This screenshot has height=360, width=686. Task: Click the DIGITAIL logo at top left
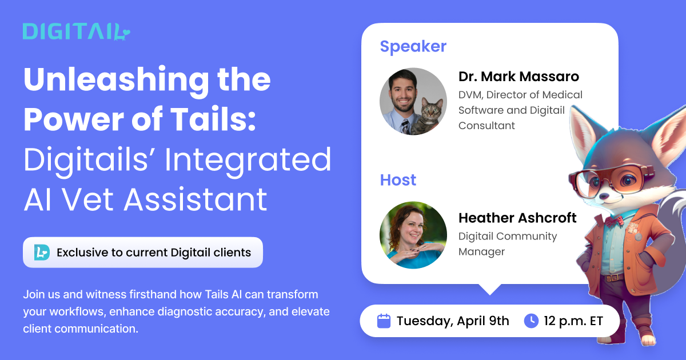click(76, 31)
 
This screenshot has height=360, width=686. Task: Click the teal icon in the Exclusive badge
click(41, 252)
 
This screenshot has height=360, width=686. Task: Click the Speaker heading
click(413, 46)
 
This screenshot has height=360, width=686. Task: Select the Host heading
click(398, 180)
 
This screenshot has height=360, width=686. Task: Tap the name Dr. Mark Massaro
click(519, 77)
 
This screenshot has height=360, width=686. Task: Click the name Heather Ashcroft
click(517, 218)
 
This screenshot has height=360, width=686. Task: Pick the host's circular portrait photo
click(413, 235)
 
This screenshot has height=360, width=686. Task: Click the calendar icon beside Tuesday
click(384, 321)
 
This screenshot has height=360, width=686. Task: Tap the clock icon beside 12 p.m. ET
click(531, 321)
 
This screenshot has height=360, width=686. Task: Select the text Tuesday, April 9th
click(452, 321)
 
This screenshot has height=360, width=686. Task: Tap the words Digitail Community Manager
click(508, 243)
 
